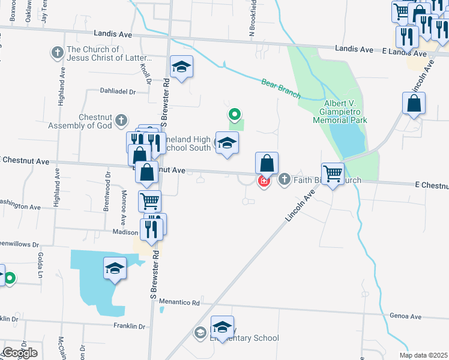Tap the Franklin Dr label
pos(130,326)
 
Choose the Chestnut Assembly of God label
pos(95,122)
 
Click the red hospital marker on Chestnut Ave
pos(263,181)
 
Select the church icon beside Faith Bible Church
pos(284,179)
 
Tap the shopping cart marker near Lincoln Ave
pos(333,174)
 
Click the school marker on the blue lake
pos(115,268)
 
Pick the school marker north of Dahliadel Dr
pos(181,67)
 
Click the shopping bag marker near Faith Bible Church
pos(267,163)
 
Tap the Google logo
pos(19,353)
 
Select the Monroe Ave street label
pos(124,206)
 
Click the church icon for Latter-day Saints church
pos(58,53)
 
